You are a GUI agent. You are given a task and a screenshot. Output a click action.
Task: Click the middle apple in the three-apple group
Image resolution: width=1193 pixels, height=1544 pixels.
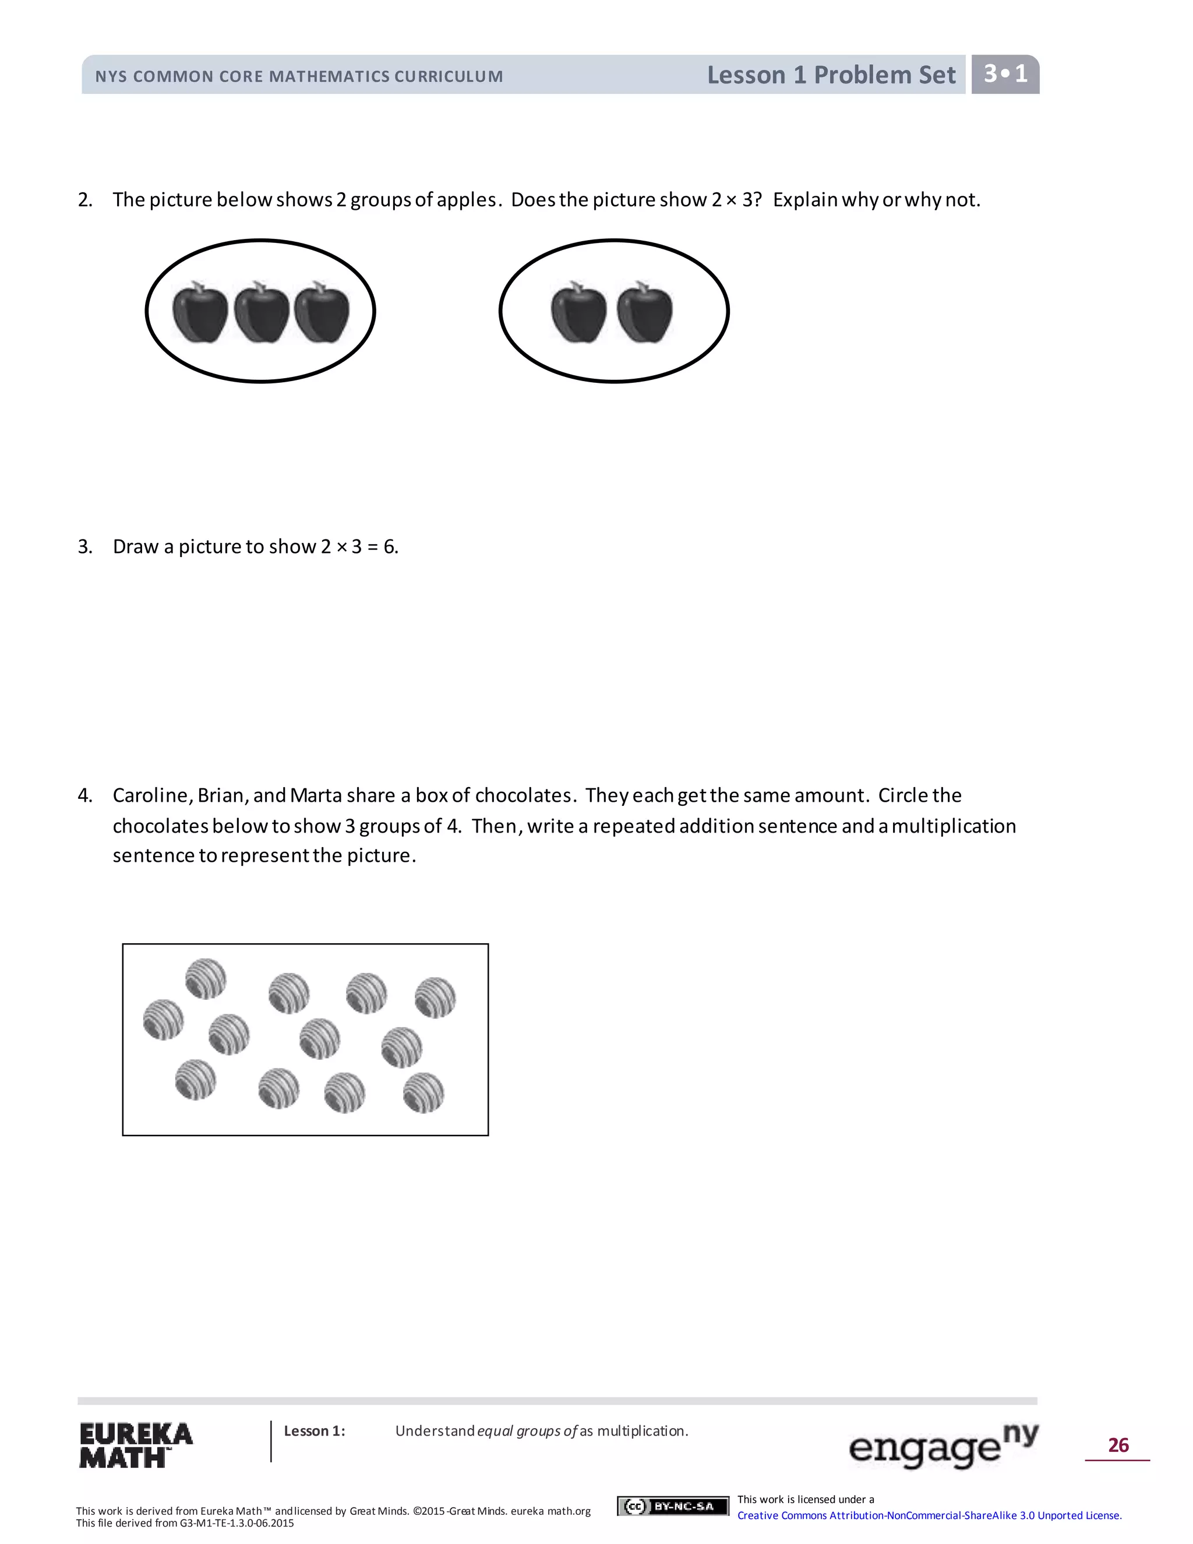[262, 313]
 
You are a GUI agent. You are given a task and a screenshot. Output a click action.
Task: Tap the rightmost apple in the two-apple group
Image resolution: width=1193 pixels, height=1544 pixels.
[645, 313]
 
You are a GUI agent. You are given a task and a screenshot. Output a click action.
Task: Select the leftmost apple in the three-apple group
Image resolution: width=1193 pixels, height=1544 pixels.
[200, 313]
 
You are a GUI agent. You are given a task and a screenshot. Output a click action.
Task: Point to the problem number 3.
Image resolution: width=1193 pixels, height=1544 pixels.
[85, 547]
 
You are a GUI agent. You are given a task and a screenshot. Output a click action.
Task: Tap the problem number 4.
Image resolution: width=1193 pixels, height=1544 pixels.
[85, 796]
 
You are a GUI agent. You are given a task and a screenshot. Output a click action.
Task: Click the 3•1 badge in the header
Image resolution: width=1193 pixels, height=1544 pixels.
[1005, 74]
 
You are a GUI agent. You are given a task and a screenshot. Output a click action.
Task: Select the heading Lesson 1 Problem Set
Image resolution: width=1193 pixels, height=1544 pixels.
[831, 75]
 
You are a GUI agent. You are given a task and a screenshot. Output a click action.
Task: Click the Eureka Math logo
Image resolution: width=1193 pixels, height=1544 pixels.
[135, 1445]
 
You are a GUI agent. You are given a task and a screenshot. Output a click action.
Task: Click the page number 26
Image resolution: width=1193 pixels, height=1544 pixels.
[1117, 1445]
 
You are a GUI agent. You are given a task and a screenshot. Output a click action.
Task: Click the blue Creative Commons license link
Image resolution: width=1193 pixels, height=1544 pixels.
[929, 1515]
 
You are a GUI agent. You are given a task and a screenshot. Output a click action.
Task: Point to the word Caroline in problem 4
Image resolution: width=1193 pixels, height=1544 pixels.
[151, 796]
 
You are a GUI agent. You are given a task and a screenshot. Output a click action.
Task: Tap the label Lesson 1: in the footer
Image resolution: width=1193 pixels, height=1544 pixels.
[315, 1431]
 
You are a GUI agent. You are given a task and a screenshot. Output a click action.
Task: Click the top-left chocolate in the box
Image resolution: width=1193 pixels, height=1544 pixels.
[206, 978]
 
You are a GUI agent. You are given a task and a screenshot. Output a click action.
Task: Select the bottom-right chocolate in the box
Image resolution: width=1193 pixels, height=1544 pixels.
[423, 1093]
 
